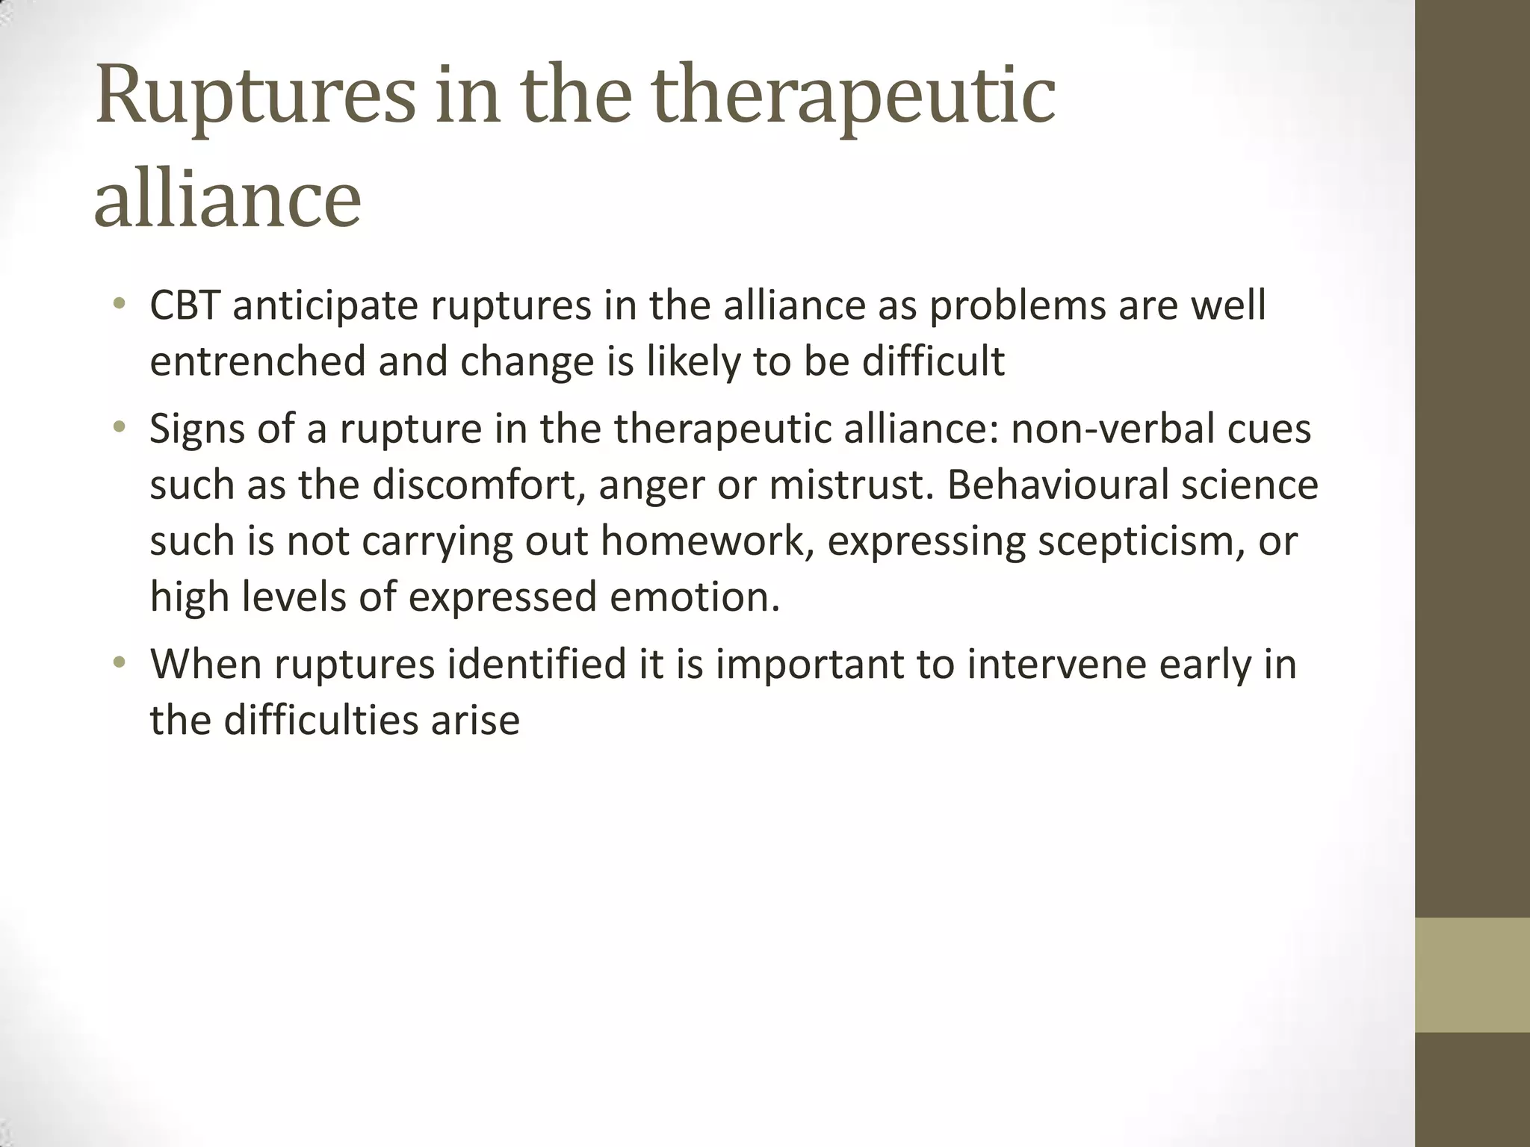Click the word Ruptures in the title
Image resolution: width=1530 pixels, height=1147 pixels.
254,98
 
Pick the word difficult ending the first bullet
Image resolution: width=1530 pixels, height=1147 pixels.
933,361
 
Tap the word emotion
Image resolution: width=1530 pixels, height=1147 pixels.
695,597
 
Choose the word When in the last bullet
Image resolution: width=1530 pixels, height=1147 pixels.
206,664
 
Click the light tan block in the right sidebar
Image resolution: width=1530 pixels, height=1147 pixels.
1472,975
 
